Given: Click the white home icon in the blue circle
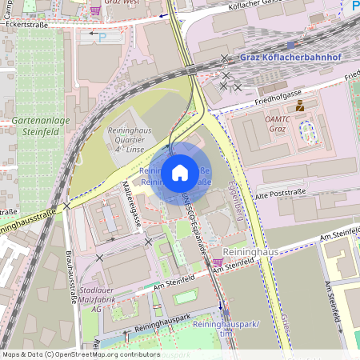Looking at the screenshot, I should (x=180, y=172).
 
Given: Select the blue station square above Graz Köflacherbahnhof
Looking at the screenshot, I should (x=291, y=45).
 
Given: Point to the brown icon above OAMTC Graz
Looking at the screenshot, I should (x=300, y=106).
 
